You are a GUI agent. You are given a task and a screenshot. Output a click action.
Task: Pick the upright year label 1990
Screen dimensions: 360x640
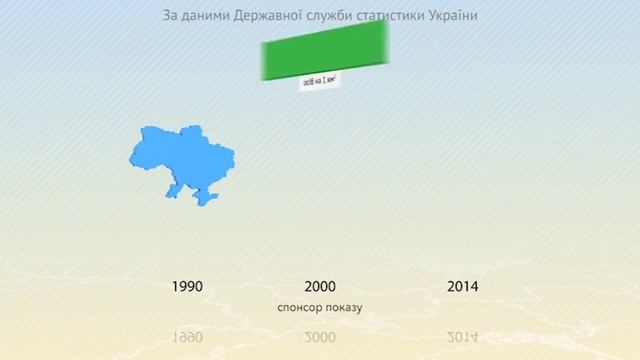pyautogui.click(x=187, y=286)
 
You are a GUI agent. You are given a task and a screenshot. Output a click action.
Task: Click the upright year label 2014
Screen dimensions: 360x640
pyautogui.click(x=462, y=286)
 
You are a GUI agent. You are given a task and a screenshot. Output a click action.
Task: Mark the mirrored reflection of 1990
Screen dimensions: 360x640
pyautogui.click(x=187, y=333)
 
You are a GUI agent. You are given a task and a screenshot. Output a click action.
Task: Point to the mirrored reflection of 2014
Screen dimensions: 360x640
pyautogui.click(x=462, y=333)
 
